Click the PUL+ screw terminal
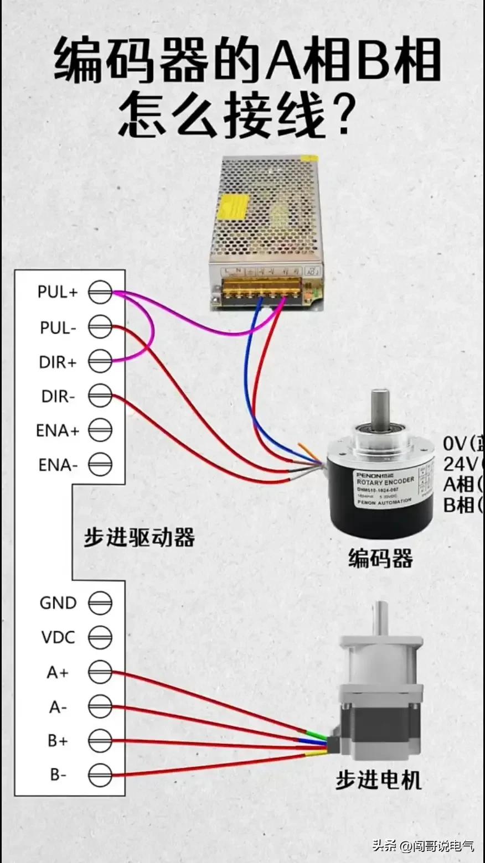point(100,292)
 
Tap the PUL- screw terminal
point(100,327)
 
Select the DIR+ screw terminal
point(100,362)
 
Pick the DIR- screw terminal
point(100,396)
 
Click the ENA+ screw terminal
point(100,430)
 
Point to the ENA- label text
point(58,465)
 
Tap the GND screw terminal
point(100,602)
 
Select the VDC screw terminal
point(100,637)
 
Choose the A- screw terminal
point(100,706)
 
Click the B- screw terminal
point(100,774)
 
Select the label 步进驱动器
point(140,537)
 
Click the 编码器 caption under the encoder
point(380,558)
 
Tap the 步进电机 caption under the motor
point(378,780)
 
